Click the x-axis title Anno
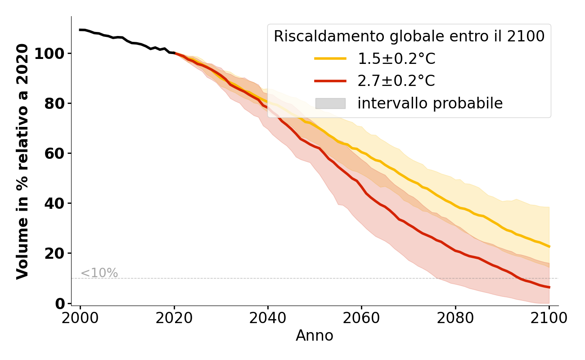coord(315,336)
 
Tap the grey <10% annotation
coord(99,273)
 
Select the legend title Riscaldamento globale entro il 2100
coord(409,36)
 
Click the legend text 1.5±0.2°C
coord(396,58)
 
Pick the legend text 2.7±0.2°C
coord(396,81)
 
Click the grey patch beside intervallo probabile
coord(330,103)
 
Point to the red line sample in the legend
coord(330,81)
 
